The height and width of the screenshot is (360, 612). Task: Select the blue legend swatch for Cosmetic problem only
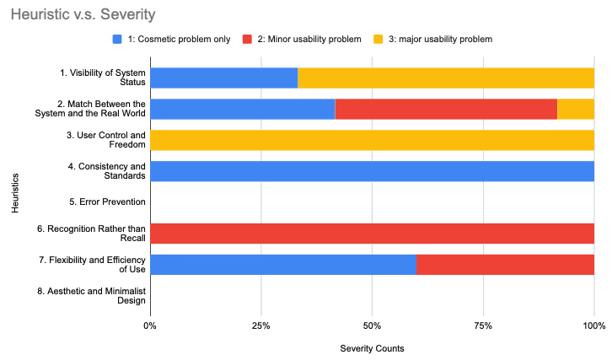(x=117, y=39)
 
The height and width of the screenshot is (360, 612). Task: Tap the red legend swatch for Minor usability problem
(x=248, y=39)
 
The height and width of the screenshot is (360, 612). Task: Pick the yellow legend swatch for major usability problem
(x=379, y=39)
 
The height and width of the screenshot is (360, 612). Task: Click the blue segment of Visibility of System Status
(x=223, y=78)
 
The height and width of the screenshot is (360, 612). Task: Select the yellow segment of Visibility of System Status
(x=445, y=78)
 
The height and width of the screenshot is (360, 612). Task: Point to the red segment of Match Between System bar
(x=446, y=109)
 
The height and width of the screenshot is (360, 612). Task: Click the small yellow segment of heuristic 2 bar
(x=576, y=109)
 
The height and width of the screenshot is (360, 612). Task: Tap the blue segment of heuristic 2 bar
(x=242, y=109)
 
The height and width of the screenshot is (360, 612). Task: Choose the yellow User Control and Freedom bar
(x=372, y=140)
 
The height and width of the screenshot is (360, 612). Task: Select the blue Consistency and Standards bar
(x=372, y=171)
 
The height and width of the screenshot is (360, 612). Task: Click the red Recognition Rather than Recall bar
(x=372, y=234)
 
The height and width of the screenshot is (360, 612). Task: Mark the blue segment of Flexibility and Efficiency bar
(x=282, y=265)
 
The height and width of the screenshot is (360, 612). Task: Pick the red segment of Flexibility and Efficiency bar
(x=505, y=265)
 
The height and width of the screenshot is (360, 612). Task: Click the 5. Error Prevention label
(x=109, y=202)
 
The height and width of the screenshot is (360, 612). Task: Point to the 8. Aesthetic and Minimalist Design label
(x=102, y=295)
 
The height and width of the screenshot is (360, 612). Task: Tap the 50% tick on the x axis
(x=372, y=325)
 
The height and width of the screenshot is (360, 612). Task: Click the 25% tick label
(x=261, y=325)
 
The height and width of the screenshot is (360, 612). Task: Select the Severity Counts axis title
(x=372, y=347)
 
